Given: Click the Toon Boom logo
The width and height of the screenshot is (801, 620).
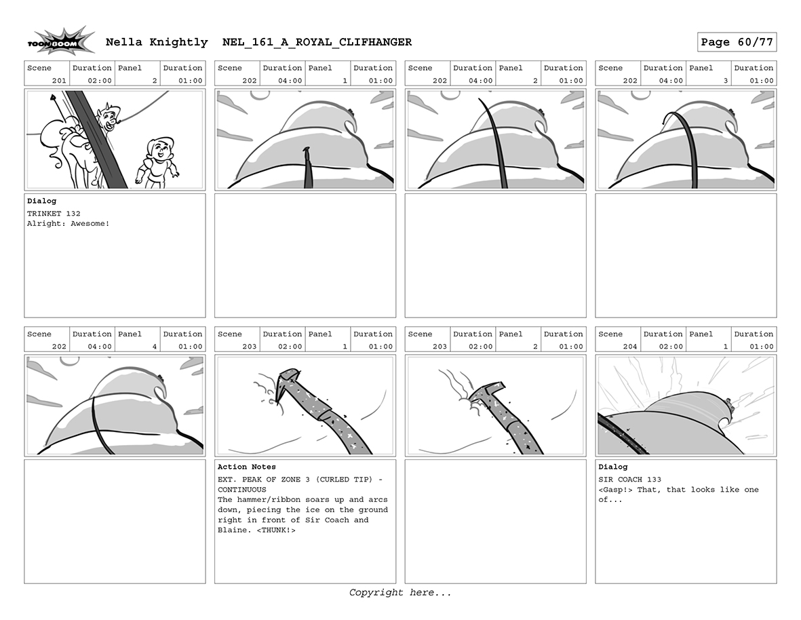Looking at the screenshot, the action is coord(61,41).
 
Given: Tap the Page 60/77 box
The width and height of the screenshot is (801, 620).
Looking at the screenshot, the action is coord(737,42).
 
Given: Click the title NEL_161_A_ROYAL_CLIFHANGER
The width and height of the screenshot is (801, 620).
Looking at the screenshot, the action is coord(317,42).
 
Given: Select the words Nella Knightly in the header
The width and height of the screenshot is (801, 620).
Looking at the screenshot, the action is coord(157,42).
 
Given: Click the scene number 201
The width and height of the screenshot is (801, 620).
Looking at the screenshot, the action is coord(59,81).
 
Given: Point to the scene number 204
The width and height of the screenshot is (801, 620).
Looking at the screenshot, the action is coord(630,347).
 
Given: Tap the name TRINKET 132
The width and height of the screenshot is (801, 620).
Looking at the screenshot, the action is coord(54,214).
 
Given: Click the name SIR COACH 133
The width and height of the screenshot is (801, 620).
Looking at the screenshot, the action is coord(629,480).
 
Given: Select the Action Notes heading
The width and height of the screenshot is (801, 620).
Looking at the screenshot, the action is coord(247,467).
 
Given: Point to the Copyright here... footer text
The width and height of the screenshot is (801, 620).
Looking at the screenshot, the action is coord(400,592).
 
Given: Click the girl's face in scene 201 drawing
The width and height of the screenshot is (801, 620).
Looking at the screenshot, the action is coord(161,149).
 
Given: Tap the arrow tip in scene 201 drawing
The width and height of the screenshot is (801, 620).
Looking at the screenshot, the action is coord(52,96).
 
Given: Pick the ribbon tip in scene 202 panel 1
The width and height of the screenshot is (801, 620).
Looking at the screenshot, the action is coord(307,149).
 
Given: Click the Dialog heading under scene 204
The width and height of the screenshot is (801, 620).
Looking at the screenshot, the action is coord(613,467).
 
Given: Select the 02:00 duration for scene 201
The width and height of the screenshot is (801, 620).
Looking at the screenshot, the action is coord(100,81).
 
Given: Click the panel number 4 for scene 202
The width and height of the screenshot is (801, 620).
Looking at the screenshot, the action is coord(154,347).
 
